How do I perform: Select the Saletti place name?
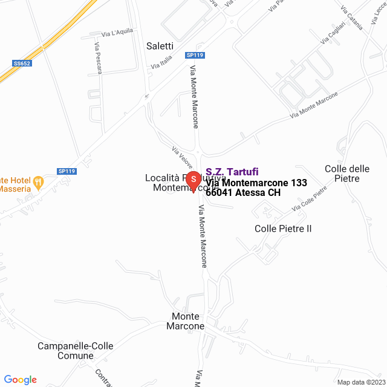click(x=160, y=46)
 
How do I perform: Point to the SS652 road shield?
click(x=21, y=62)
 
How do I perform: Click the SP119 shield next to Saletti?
click(x=195, y=55)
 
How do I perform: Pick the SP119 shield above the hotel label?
click(x=67, y=171)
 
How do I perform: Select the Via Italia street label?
click(x=161, y=62)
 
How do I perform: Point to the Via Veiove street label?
click(x=182, y=157)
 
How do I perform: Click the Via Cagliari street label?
click(x=333, y=33)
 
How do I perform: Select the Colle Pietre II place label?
click(x=283, y=229)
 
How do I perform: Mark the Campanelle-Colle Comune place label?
click(x=75, y=351)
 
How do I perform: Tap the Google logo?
click(x=20, y=380)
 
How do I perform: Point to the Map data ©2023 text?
click(x=360, y=382)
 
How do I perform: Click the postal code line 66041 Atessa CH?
click(x=243, y=193)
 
